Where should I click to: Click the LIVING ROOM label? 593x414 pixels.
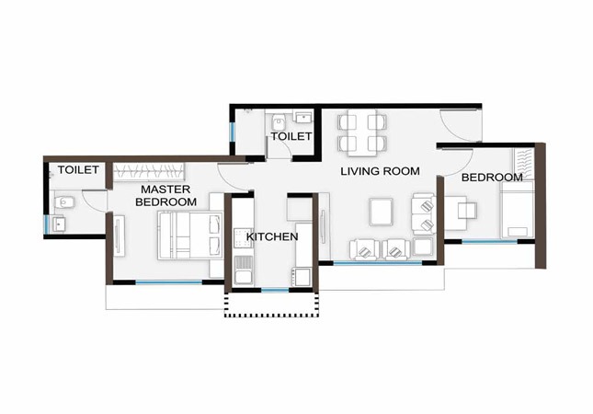[x=380, y=171]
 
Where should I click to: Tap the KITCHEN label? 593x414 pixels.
[x=272, y=236]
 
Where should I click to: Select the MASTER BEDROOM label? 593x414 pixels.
[x=165, y=196]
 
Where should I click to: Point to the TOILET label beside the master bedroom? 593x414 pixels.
[x=78, y=169]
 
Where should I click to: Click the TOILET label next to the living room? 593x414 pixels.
[x=291, y=136]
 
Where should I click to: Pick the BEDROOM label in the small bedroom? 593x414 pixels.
[x=492, y=178]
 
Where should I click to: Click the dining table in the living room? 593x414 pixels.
[x=362, y=132]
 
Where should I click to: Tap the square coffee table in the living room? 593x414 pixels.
[x=381, y=212]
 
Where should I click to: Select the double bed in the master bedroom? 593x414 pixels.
[x=189, y=236]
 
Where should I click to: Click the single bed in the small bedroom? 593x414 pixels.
[x=518, y=209]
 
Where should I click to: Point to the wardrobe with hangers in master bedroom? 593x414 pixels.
[x=149, y=171]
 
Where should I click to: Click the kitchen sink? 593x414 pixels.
[x=244, y=270]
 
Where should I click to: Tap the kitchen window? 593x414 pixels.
[x=275, y=290]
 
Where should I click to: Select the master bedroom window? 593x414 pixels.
[x=168, y=282]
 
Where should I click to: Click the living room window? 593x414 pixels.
[x=377, y=262]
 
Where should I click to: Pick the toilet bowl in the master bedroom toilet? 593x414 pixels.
[x=64, y=202]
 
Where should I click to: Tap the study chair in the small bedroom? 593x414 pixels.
[x=467, y=211]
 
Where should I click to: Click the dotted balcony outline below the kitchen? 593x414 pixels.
[x=271, y=315]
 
